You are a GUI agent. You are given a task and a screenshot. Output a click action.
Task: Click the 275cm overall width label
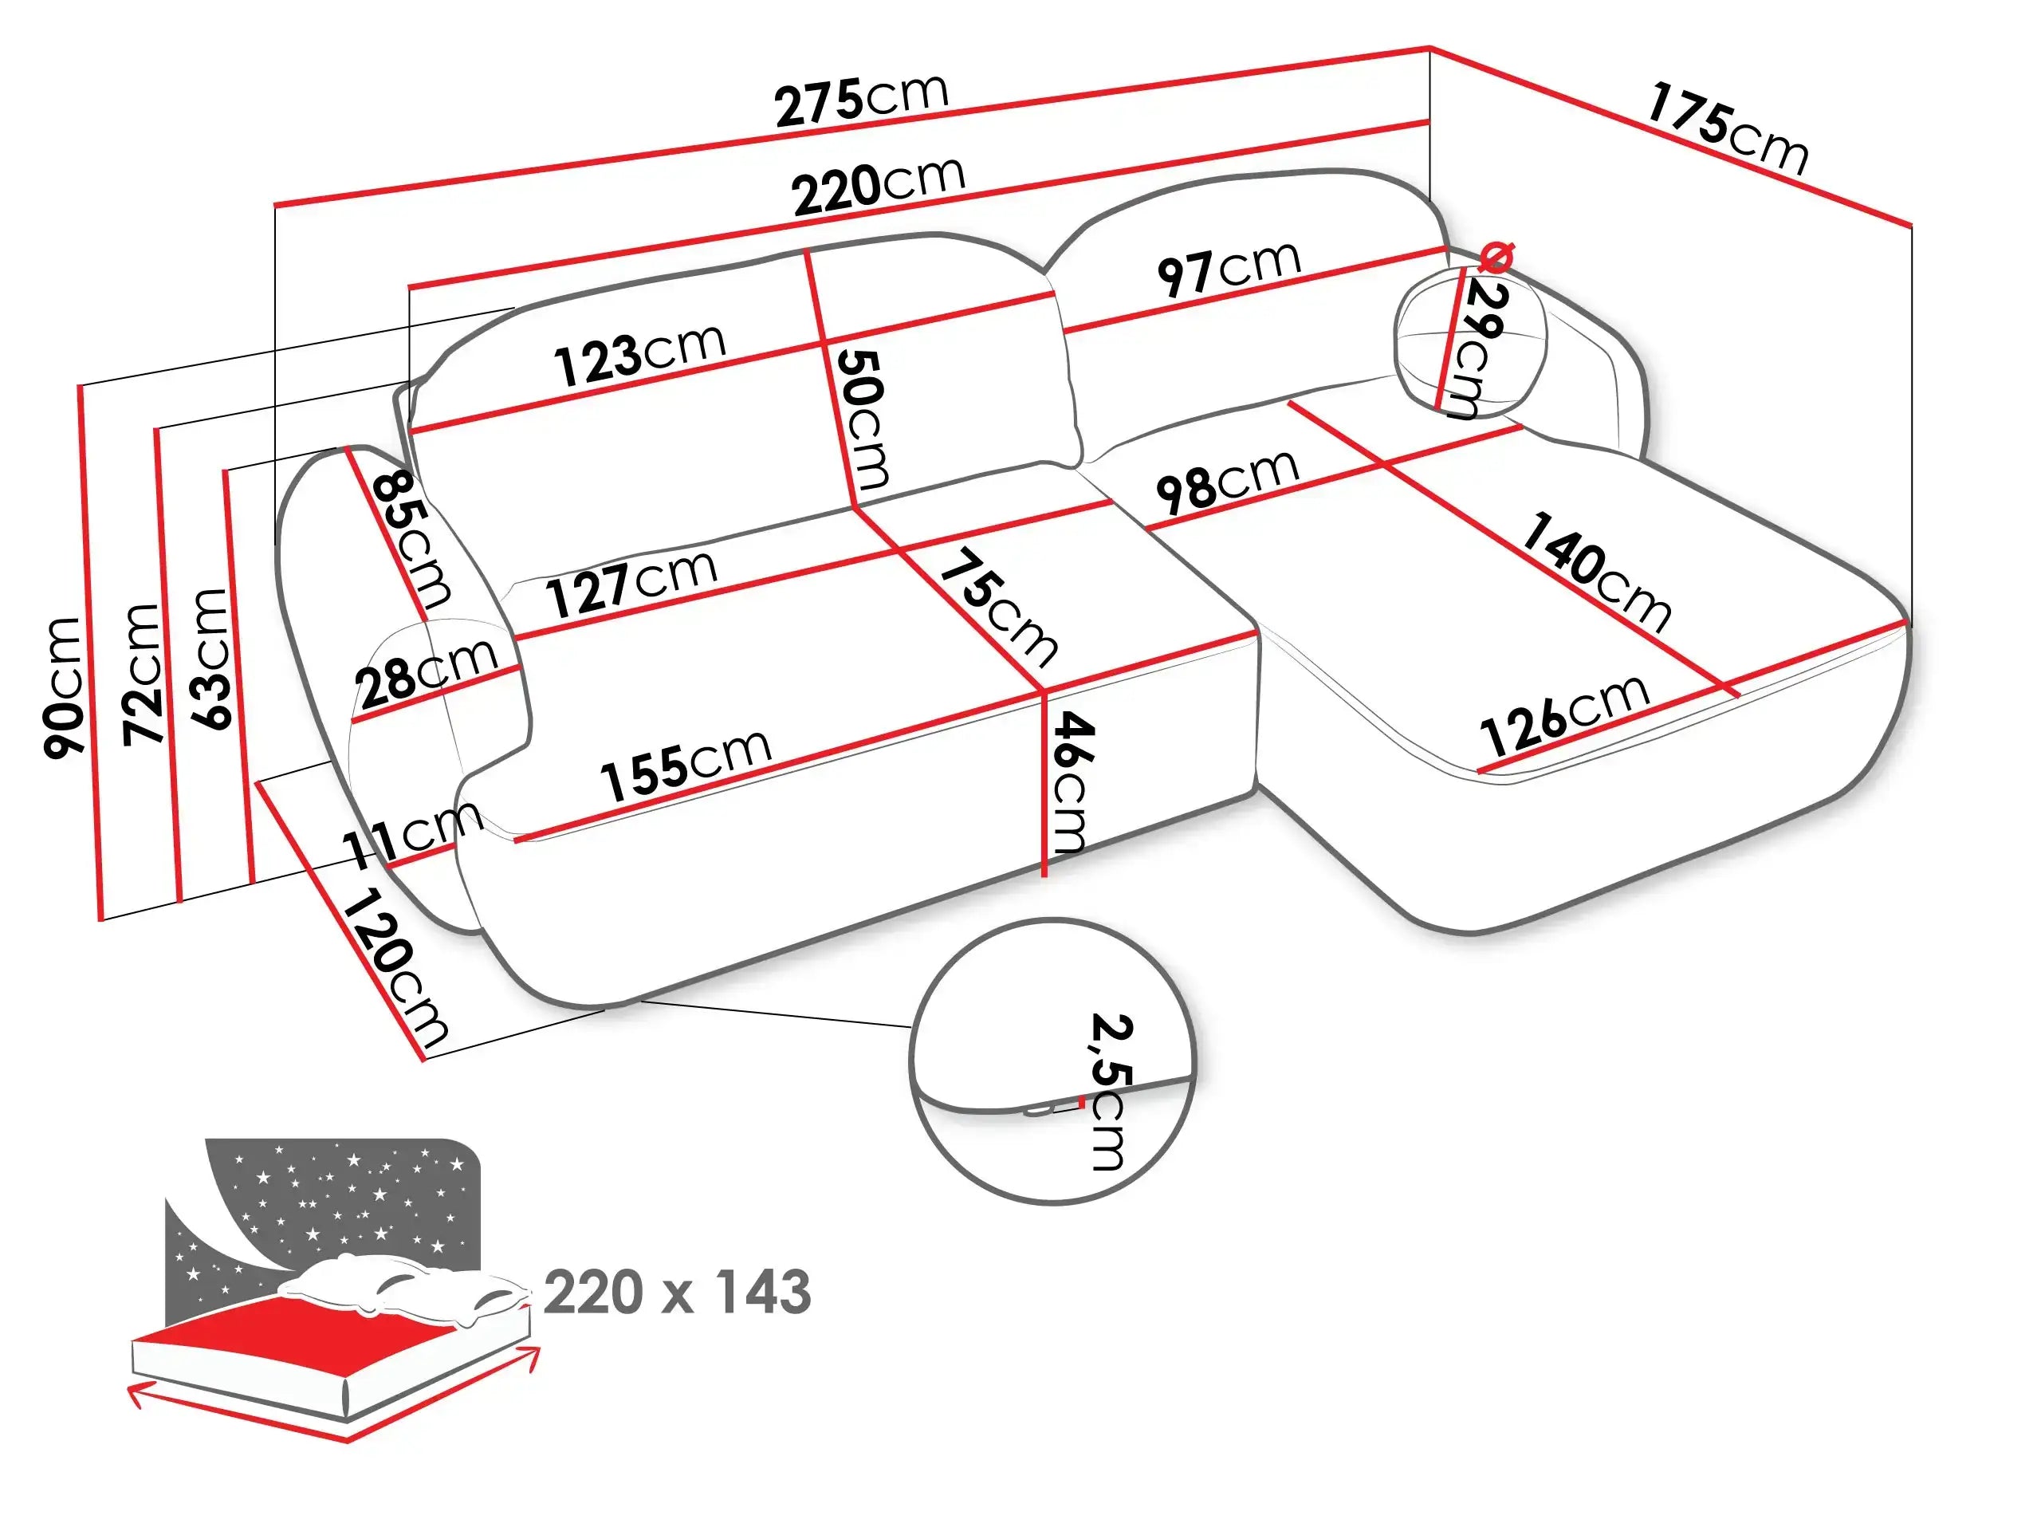click(x=862, y=99)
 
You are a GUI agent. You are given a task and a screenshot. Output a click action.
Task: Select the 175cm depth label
click(x=1728, y=128)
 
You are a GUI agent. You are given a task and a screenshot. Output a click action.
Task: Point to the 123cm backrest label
click(x=639, y=354)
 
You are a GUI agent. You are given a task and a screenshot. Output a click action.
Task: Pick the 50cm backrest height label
click(x=863, y=419)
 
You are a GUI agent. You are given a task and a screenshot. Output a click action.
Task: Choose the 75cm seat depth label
click(x=998, y=606)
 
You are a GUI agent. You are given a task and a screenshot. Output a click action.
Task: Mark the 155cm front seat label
click(x=685, y=765)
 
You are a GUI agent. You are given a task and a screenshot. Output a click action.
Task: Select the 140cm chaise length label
click(x=1595, y=573)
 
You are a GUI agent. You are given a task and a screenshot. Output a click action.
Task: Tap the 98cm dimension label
click(x=1228, y=482)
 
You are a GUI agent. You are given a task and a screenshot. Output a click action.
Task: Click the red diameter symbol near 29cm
click(x=1496, y=257)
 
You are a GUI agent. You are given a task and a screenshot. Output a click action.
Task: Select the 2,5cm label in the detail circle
click(x=1108, y=1092)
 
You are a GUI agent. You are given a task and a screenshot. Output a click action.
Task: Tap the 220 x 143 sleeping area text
click(x=677, y=1292)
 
